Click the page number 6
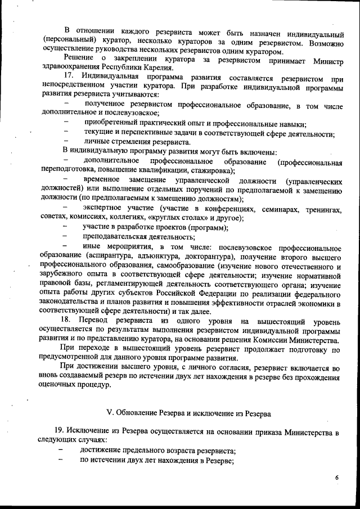click(x=337, y=478)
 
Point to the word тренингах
click(x=325, y=209)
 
